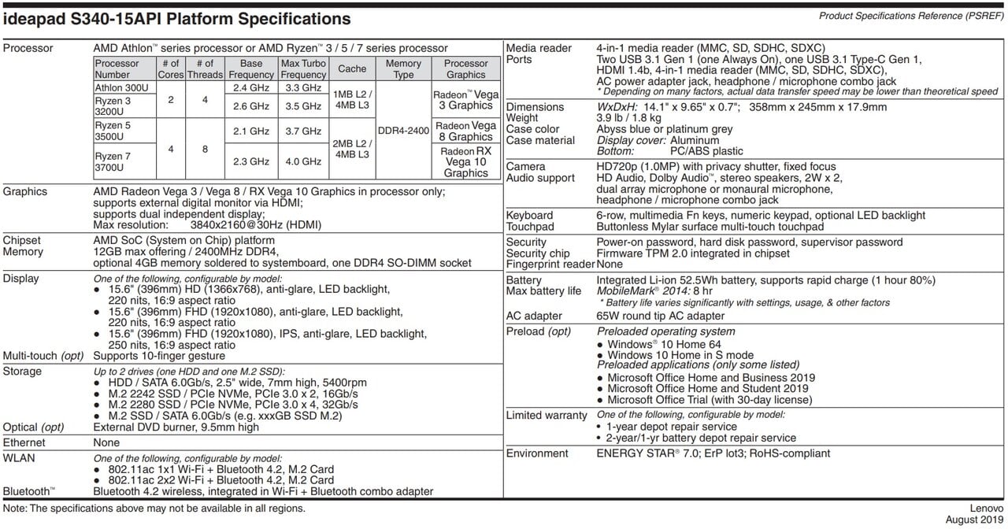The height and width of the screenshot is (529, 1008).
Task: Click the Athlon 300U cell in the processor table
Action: click(x=120, y=88)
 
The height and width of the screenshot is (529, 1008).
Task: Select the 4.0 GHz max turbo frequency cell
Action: click(x=303, y=161)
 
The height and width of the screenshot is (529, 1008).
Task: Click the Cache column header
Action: click(x=352, y=69)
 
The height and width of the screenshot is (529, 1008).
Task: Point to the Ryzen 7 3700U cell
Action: click(x=113, y=161)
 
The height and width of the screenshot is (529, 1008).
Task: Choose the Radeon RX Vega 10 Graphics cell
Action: click(x=466, y=161)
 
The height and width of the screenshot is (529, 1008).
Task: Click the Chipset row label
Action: click(x=22, y=240)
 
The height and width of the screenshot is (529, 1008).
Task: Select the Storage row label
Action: click(x=24, y=371)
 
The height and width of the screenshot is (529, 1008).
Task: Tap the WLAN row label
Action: click(x=19, y=457)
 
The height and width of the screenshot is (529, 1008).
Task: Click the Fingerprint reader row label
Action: click(x=549, y=264)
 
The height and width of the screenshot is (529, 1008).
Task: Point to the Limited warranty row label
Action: click(x=547, y=415)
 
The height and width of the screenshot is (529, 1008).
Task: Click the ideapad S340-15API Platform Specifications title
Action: click(x=177, y=19)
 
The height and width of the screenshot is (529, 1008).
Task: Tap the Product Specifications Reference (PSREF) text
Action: click(x=910, y=16)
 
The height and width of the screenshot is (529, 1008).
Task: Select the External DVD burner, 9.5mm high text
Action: click(x=176, y=427)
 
